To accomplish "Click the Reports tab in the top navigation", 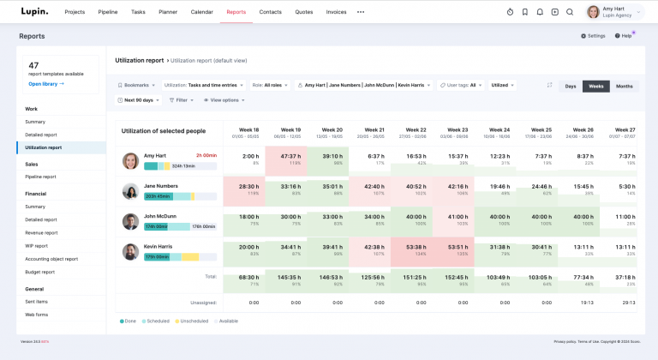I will pyautogui.click(x=236, y=12).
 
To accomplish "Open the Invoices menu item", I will pyautogui.click(x=336, y=12).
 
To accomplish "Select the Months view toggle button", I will pyautogui.click(x=625, y=86).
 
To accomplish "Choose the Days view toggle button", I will pyautogui.click(x=569, y=86).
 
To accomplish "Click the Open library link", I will pyautogui.click(x=46, y=84).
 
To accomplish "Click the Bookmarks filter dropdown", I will pyautogui.click(x=136, y=86).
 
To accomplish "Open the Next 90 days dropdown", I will pyautogui.click(x=138, y=100).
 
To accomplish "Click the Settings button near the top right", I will pyautogui.click(x=593, y=36).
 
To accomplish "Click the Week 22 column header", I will pyautogui.click(x=416, y=133).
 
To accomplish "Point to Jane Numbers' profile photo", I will pyautogui.click(x=130, y=190).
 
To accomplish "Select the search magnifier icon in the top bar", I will pyautogui.click(x=570, y=12).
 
